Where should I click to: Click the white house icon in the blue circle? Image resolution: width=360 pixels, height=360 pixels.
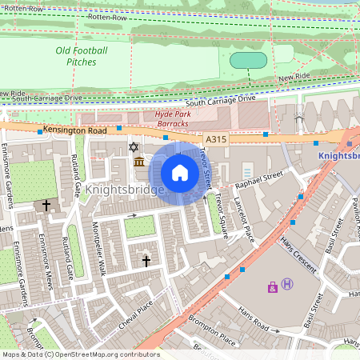180,173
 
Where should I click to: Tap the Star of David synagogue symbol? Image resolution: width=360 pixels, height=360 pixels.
134,148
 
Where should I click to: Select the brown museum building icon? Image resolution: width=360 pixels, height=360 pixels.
139,162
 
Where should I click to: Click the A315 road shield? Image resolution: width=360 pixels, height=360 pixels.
214,138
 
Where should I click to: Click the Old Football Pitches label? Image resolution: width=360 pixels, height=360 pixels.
81,55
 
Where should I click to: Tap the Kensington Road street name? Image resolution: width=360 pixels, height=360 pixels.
76,130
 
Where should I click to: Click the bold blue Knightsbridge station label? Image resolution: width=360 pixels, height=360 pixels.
338,156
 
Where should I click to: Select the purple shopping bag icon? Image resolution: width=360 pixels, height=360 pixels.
273,286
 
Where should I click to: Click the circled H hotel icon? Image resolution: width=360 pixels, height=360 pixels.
287,285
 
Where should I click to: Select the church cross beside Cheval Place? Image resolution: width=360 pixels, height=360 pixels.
146,260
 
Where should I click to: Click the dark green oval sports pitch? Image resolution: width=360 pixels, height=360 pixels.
248,60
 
